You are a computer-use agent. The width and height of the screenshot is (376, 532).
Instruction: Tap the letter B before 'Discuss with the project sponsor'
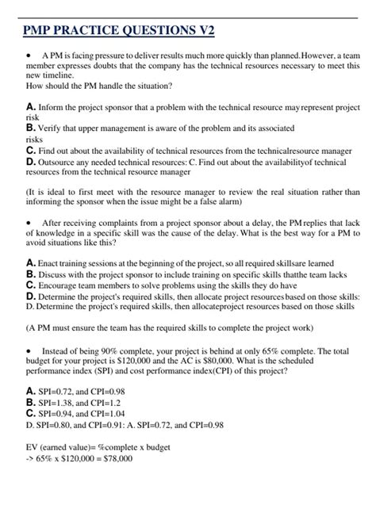coord(30,274)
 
